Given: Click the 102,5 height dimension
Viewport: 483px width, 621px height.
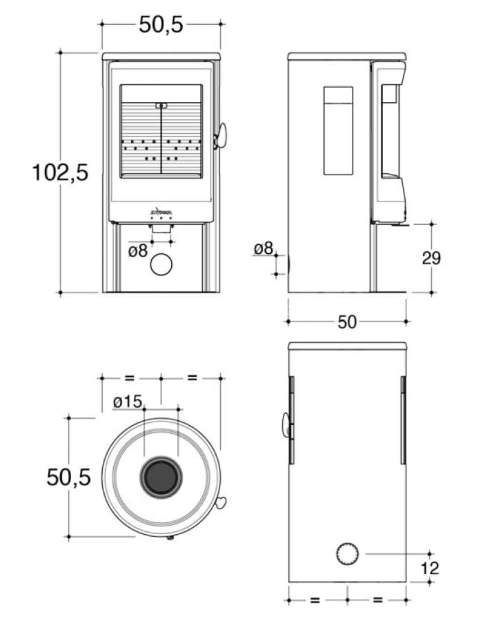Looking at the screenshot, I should [60, 172].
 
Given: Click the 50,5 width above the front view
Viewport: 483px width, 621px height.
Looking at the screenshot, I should [161, 24].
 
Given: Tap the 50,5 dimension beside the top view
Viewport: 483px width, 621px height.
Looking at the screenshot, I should [68, 476].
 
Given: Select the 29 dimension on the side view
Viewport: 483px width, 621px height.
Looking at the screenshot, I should [431, 258].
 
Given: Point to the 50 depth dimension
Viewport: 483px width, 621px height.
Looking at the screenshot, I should [347, 322].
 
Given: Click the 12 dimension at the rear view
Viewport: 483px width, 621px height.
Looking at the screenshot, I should [429, 569].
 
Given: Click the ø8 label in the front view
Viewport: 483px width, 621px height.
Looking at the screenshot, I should [138, 250].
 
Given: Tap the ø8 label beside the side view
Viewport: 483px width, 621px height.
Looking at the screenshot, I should [264, 248].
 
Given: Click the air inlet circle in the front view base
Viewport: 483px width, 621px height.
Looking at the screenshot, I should [161, 264].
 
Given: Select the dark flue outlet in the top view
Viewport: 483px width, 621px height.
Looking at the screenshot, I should [161, 477].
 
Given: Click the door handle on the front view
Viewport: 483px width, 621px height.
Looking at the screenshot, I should [221, 136].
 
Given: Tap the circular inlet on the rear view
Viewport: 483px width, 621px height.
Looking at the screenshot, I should [347, 553].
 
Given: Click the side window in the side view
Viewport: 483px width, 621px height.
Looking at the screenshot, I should [338, 130].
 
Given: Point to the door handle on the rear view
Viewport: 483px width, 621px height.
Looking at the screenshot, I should [286, 425].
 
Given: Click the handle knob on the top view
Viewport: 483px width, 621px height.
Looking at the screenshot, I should [221, 502].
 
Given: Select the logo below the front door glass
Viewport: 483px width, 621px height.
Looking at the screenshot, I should [161, 210].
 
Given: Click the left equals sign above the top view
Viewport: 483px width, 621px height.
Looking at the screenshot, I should [130, 378].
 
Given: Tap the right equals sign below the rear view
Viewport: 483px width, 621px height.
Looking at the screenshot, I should [377, 600].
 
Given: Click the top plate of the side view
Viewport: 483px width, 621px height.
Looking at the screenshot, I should [347, 56].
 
